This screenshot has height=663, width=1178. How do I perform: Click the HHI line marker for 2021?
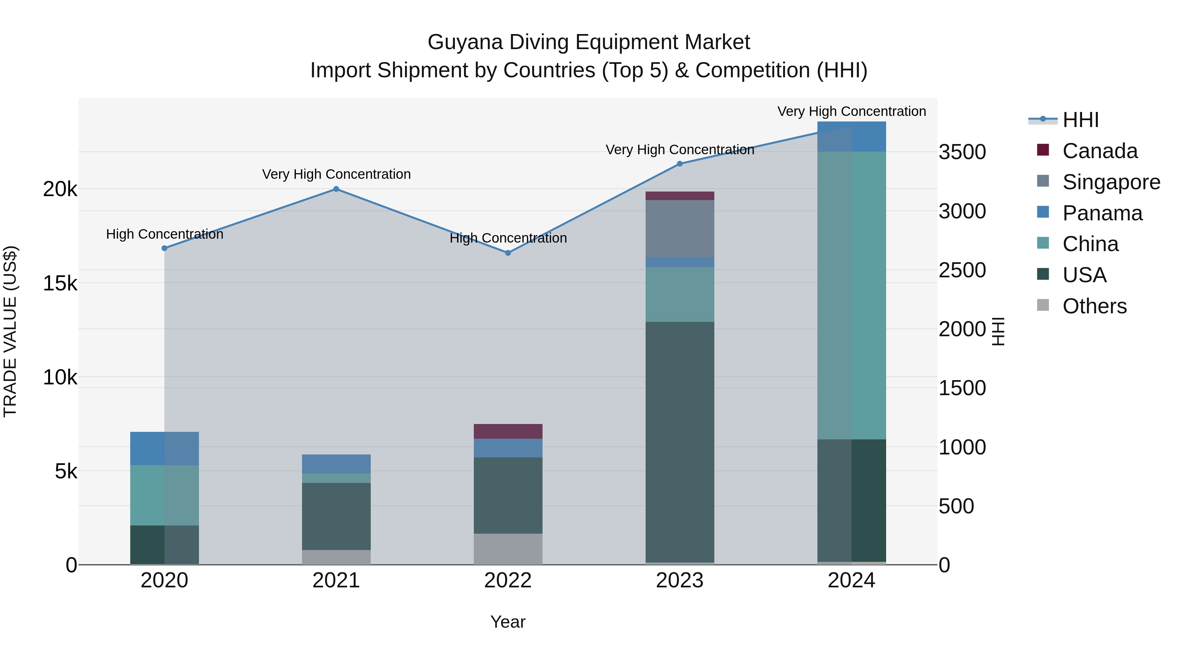coord(336,189)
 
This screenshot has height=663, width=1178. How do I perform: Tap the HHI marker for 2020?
coord(165,248)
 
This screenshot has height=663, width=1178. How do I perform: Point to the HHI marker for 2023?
coord(680,164)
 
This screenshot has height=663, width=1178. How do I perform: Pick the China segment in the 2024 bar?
coord(851,295)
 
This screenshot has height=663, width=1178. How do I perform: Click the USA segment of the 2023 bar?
coord(680,442)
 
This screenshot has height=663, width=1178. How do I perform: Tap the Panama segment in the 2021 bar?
coord(336,464)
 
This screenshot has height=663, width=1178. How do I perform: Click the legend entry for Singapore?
coord(1111,182)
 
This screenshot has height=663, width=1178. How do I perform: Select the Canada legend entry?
coord(1099,151)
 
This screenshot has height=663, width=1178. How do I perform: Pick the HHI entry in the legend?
coord(1080,120)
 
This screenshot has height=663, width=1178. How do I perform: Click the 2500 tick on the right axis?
coord(962,270)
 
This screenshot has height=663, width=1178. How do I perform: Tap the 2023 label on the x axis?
coord(680,580)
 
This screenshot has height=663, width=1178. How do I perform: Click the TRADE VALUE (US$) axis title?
coord(10,331)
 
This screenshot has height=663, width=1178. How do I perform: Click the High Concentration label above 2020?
coord(165,234)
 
